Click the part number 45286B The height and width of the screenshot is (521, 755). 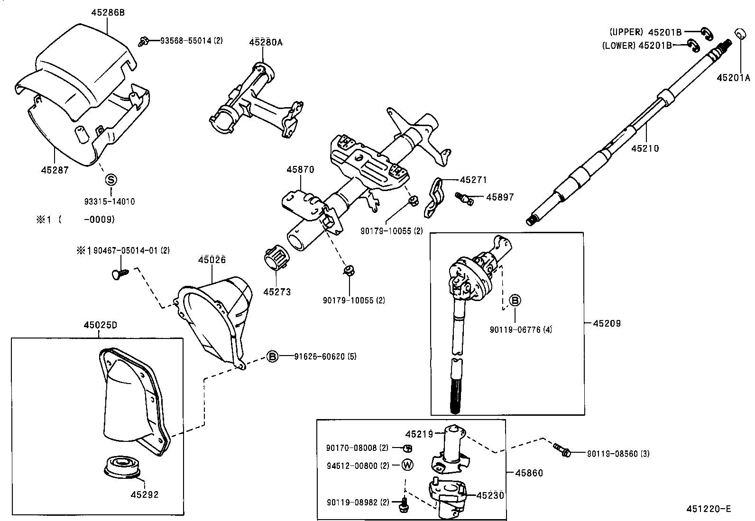[x=108, y=13]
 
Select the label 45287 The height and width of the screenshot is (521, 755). [x=55, y=170]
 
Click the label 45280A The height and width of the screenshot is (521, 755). [x=266, y=42]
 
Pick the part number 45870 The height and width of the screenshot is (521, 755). [x=300, y=169]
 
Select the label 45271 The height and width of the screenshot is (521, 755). [x=473, y=180]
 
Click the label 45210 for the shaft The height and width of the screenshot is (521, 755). [x=645, y=148]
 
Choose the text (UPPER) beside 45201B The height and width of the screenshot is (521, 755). [x=626, y=32]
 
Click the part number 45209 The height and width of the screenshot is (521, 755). [x=607, y=323]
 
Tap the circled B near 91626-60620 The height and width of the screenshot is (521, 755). [x=272, y=356]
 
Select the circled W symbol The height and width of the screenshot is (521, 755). [x=407, y=465]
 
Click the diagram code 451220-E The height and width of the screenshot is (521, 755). [x=709, y=509]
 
